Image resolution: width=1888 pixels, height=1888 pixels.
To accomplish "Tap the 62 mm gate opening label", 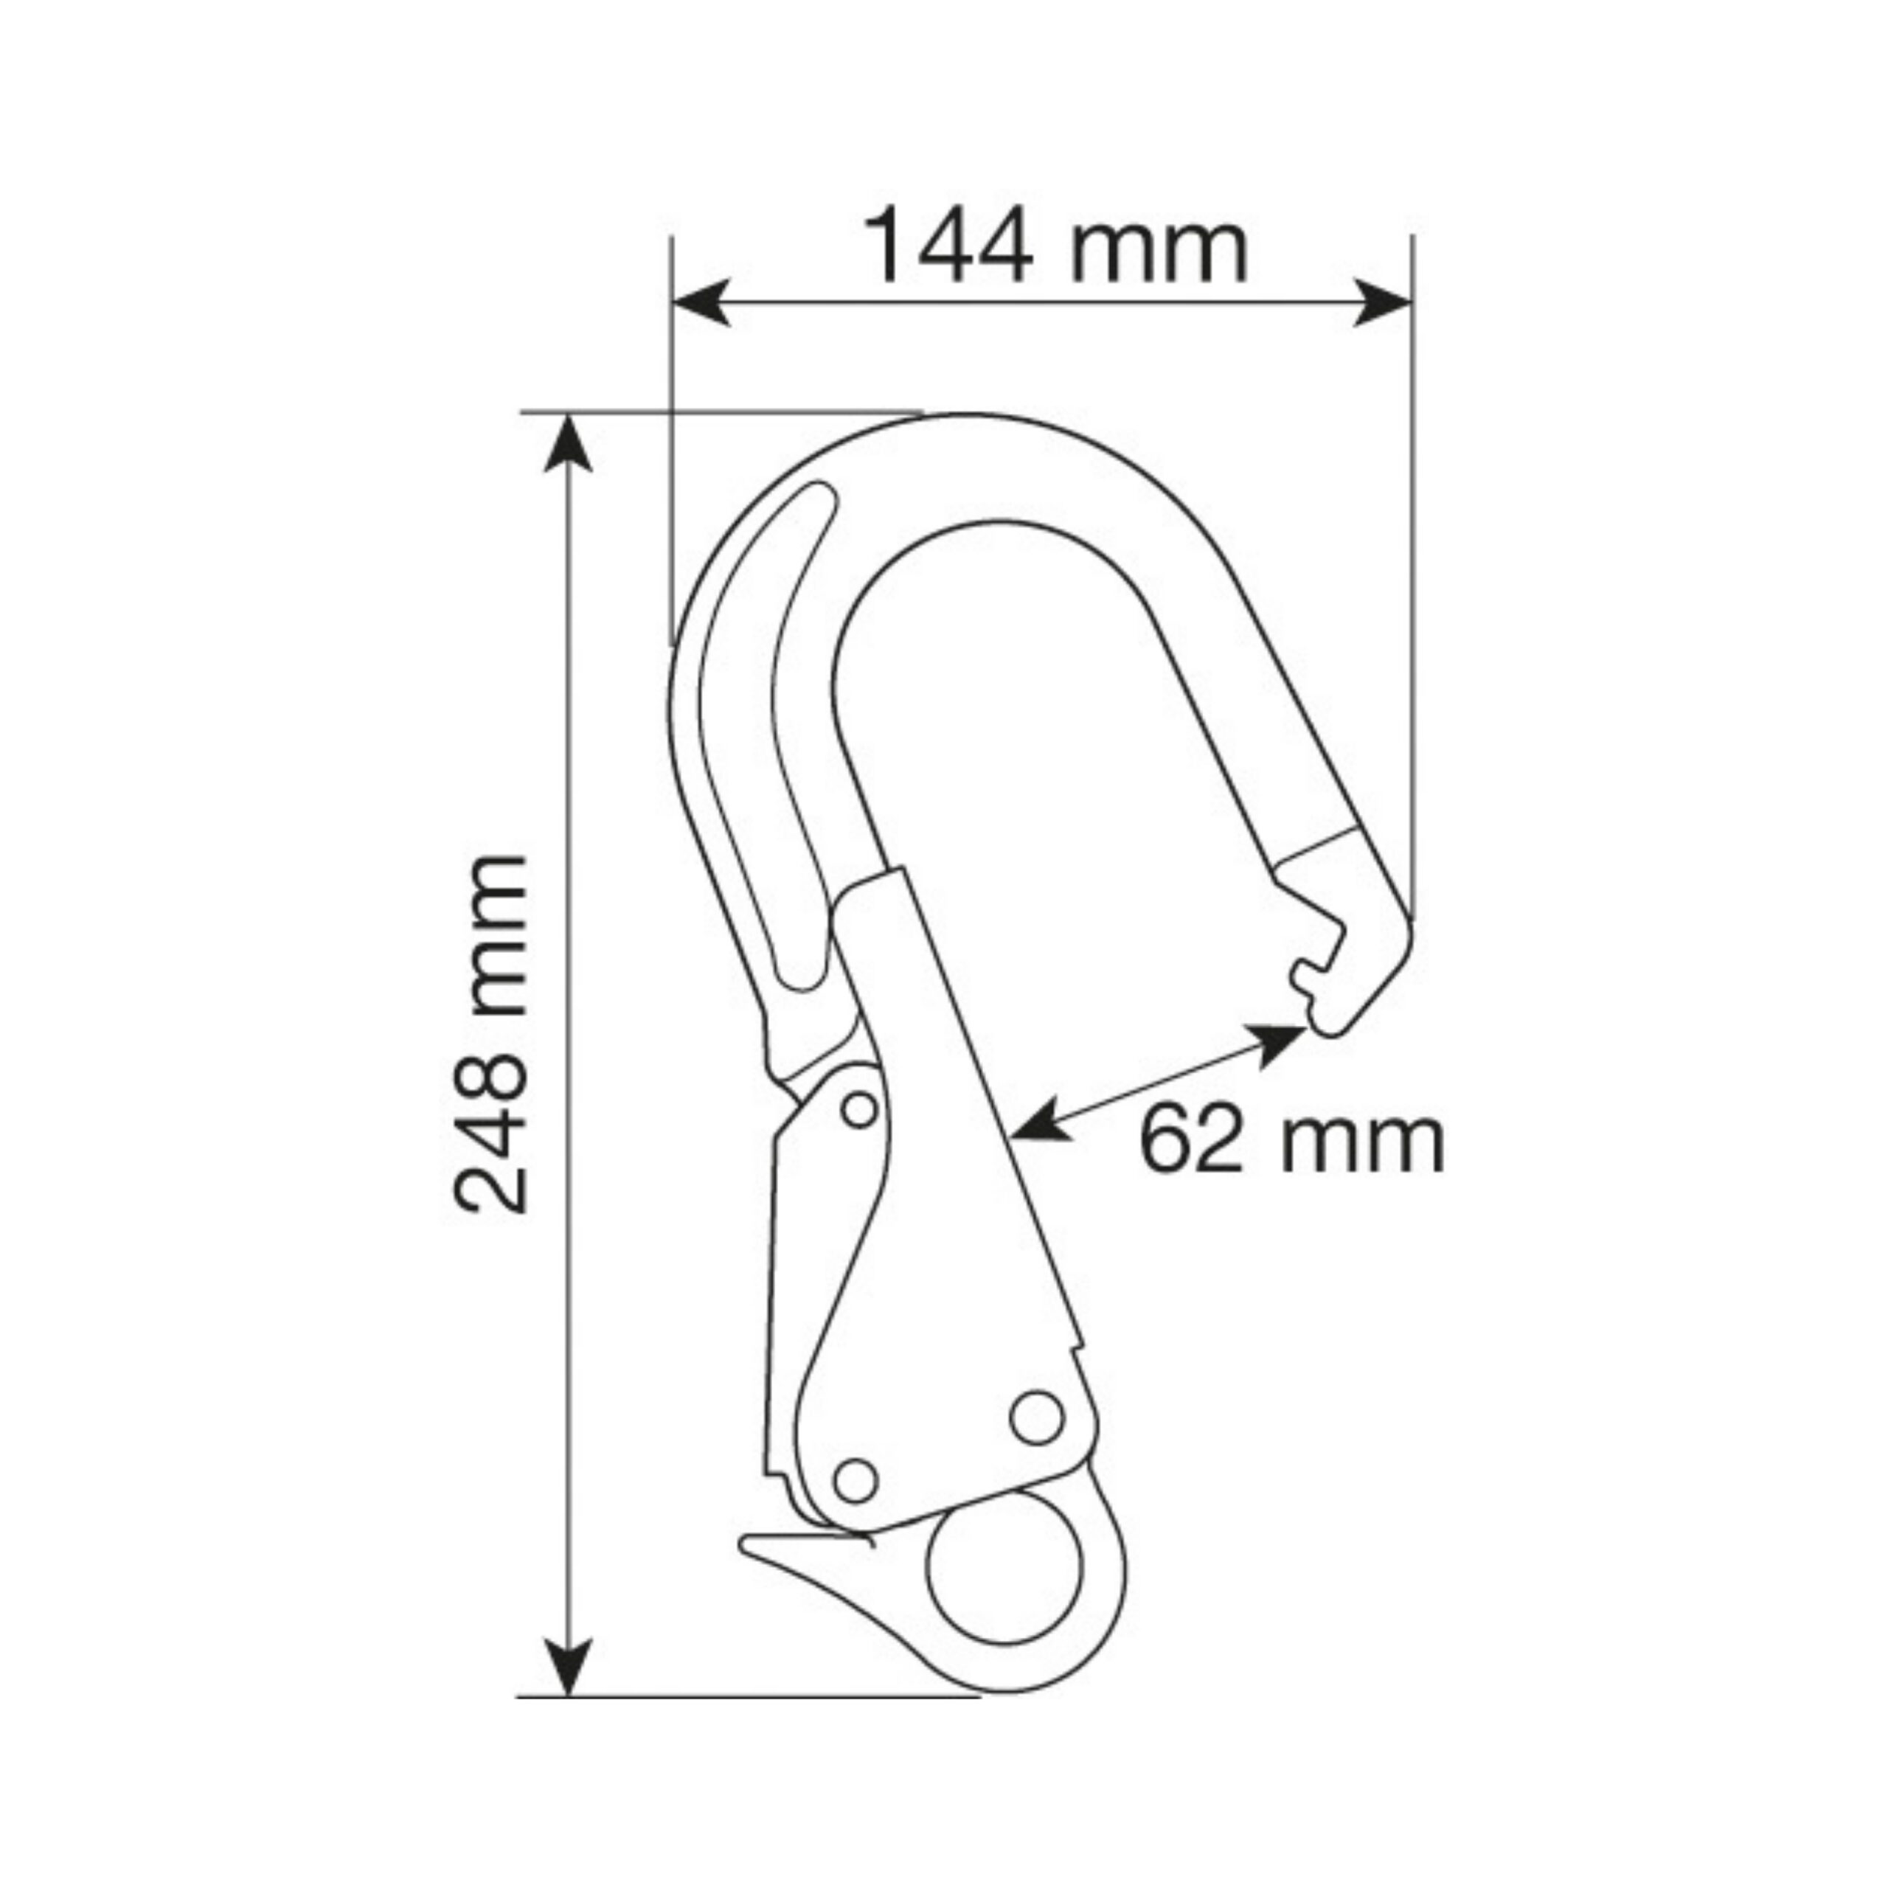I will pyautogui.click(x=1291, y=1139).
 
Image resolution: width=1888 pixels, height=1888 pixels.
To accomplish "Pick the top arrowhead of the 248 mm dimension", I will pyautogui.click(x=568, y=445).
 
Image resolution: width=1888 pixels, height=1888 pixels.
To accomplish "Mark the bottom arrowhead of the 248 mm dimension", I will pyautogui.click(x=568, y=1665).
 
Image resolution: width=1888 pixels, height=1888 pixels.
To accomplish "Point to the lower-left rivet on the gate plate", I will pyautogui.click(x=856, y=1480).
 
